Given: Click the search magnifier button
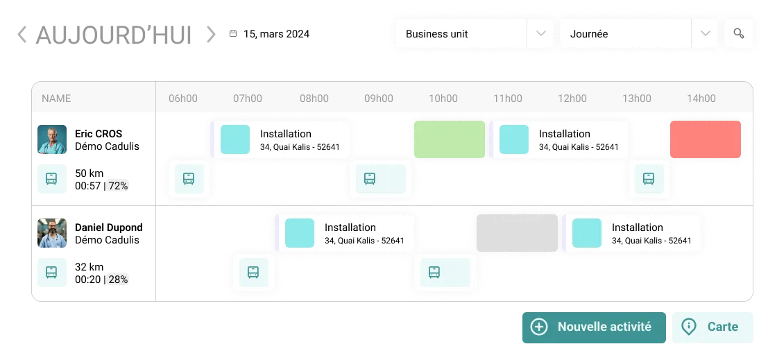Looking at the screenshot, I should click(738, 34).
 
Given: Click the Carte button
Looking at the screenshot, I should click(712, 327).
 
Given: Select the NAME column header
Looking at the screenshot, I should click(56, 98).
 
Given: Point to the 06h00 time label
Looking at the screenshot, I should click(183, 98).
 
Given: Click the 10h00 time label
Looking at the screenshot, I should click(443, 98).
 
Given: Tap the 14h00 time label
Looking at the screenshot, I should click(701, 98).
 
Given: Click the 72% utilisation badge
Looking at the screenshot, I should click(118, 186).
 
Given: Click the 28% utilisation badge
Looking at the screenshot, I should click(118, 280).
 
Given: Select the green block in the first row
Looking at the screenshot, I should click(450, 139).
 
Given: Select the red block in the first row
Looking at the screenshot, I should click(706, 139).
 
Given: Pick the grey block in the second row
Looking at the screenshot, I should click(517, 233).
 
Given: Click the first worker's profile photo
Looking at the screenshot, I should click(50, 139).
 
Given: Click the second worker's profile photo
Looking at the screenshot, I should click(50, 233).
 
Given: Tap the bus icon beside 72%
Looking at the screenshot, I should click(51, 178).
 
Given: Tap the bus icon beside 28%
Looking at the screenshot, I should click(51, 272).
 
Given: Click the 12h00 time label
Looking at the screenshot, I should click(572, 98).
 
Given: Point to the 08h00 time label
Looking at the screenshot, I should click(314, 98).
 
